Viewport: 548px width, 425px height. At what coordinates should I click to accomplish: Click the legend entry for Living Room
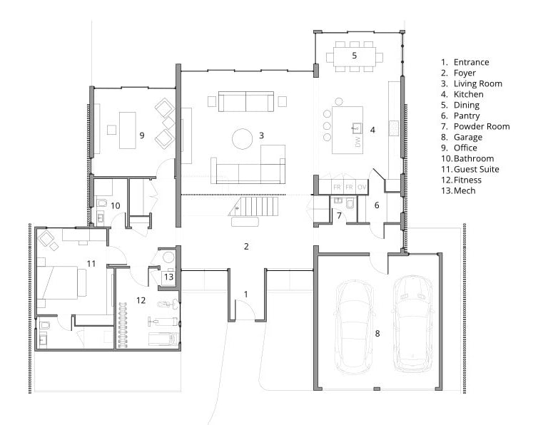coord(472,84)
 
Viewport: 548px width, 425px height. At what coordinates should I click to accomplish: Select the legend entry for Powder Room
coord(475,126)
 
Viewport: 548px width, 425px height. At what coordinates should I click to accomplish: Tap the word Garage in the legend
coord(468,137)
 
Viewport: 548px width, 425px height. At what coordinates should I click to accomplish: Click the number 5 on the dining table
coord(355,55)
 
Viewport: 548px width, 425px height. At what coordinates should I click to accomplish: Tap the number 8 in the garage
coord(377,334)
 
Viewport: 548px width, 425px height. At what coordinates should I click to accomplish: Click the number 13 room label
coord(169,277)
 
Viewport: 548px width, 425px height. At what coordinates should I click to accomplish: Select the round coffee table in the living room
coord(242,138)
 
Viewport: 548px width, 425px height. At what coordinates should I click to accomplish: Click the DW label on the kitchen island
coord(357,141)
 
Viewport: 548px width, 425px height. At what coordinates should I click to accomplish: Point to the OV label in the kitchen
coord(362,187)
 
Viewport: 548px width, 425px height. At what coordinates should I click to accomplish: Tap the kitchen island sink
coord(357,128)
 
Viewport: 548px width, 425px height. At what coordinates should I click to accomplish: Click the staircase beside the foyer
coord(254,206)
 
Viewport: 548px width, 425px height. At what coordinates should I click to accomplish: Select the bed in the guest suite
coord(62,283)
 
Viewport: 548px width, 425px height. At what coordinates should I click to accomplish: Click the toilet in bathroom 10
coord(102,203)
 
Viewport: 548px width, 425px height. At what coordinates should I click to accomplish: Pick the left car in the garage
coord(354,327)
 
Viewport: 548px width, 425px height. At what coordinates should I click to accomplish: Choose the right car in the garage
coord(412,323)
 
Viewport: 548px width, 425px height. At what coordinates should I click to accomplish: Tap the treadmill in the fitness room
coord(164,339)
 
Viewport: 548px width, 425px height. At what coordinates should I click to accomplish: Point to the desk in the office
coord(128,130)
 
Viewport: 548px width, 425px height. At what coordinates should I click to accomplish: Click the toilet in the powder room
coord(350,205)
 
